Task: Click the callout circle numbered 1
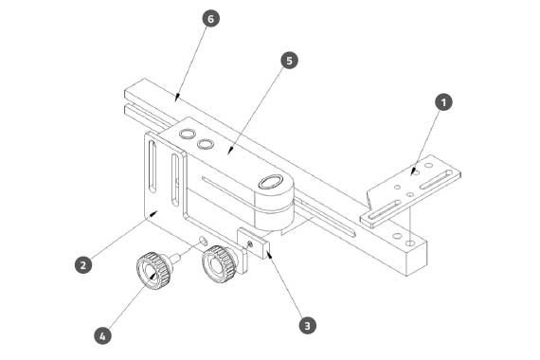coord(443,102)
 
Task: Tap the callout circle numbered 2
coord(83,265)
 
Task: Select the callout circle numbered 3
coord(307,325)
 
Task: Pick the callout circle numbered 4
coord(102,336)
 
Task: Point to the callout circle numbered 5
coord(289,61)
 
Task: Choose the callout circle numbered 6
coord(210,19)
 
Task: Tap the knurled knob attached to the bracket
coord(219,264)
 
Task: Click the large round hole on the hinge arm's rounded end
coord(271,181)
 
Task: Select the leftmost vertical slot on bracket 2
coord(153,166)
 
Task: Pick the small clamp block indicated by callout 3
coord(253,243)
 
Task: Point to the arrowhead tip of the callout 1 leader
coord(411,175)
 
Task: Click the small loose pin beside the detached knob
coord(203,241)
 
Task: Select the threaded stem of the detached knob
coord(174,258)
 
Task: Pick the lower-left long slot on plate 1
coord(385,209)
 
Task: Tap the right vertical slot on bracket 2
coord(175,180)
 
